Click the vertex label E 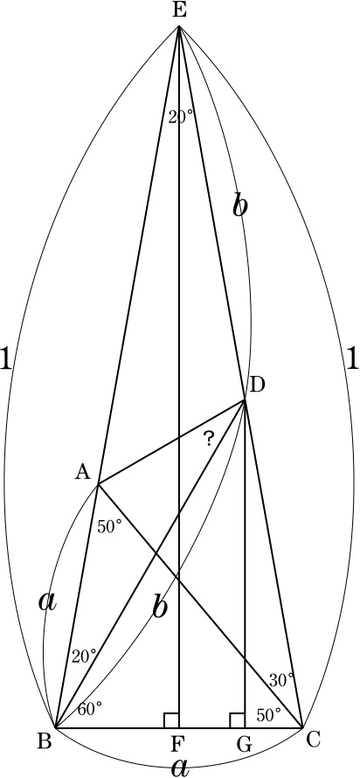pyautogui.click(x=179, y=10)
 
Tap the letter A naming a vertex pyautogui.click(x=83, y=473)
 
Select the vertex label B pyautogui.click(x=45, y=740)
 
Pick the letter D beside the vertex pyautogui.click(x=258, y=385)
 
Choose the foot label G pyautogui.click(x=244, y=744)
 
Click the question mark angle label pyautogui.click(x=210, y=439)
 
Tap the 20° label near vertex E pyautogui.click(x=180, y=117)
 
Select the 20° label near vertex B pyautogui.click(x=84, y=656)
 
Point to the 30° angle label pyautogui.click(x=281, y=680)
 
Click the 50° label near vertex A pyautogui.click(x=109, y=527)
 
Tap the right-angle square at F pyautogui.click(x=171, y=720)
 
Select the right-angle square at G pyautogui.click(x=237, y=720)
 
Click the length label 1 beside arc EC pyautogui.click(x=351, y=358)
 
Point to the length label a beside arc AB pyautogui.click(x=47, y=601)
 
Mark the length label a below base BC pyautogui.click(x=181, y=768)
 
